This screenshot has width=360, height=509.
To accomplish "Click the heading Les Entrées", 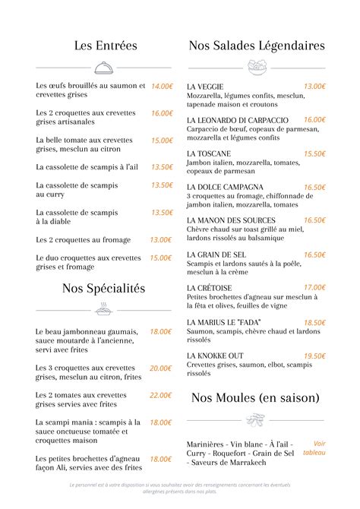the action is (x=106, y=46).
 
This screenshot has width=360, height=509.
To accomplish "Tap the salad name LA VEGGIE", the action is (x=205, y=87).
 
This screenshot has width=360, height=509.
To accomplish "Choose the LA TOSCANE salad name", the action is (x=209, y=153).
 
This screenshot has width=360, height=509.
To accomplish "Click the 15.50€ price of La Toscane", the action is (x=314, y=153).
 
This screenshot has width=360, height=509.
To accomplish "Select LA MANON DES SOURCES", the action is (x=231, y=220).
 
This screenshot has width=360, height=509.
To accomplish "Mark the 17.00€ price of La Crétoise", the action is (x=314, y=287).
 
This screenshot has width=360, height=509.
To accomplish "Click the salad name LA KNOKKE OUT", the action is (x=215, y=356).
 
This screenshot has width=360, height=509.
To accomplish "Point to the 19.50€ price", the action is (x=314, y=356).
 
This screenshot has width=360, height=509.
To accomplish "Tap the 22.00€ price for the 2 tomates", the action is (x=160, y=395).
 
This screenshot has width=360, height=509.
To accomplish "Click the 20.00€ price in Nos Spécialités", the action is (x=160, y=368).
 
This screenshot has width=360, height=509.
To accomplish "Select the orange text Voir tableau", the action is (x=314, y=447).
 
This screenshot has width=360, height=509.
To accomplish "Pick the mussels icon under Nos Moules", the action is (x=257, y=419).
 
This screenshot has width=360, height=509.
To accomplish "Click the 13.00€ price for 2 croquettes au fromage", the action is (x=160, y=239).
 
